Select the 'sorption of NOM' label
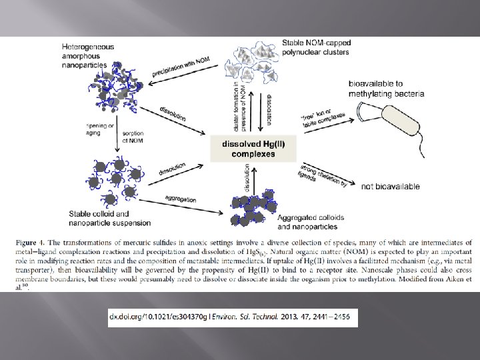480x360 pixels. pos(135,137)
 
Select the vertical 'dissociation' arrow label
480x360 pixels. pos(269,111)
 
